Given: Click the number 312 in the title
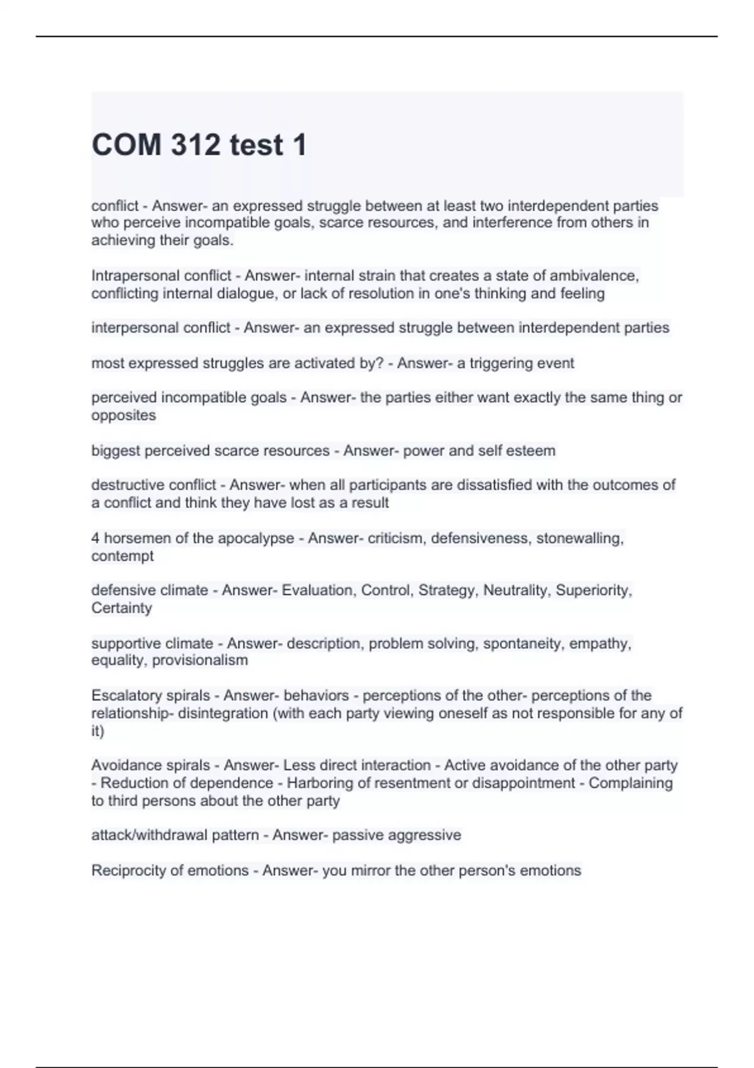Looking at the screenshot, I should click(195, 145).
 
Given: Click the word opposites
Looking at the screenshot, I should click(124, 415).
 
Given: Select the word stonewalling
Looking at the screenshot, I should click(579, 538).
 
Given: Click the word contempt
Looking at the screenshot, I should click(123, 556).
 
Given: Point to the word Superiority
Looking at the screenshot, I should click(594, 591).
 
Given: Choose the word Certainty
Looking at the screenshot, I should click(122, 608).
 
